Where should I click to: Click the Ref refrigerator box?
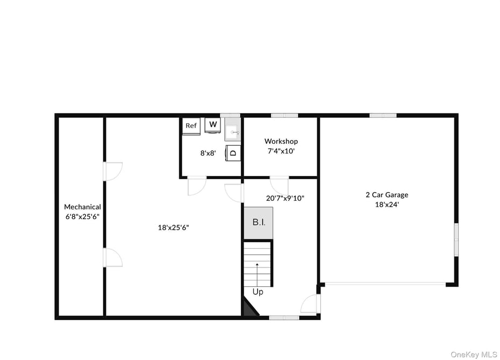coord(191,126)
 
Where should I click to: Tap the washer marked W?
coord(213,124)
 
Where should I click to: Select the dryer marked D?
coord(233,153)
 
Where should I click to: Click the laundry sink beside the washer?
coord(232,129)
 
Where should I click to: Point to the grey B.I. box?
coord(258,222)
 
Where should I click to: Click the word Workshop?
coord(281,141)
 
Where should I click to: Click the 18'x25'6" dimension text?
coord(174,228)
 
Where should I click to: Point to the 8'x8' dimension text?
coord(208,153)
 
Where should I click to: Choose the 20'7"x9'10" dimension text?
coord(285,198)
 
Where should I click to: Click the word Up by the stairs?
coord(258,292)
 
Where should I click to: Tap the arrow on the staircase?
coord(257,275)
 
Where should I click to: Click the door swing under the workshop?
coord(280,186)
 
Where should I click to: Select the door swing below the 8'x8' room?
coord(197,186)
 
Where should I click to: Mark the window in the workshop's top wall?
coord(284,116)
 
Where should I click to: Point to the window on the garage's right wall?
coord(456,239)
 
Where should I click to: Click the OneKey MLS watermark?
coord(474,355)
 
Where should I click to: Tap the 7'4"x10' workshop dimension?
coord(281,151)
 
